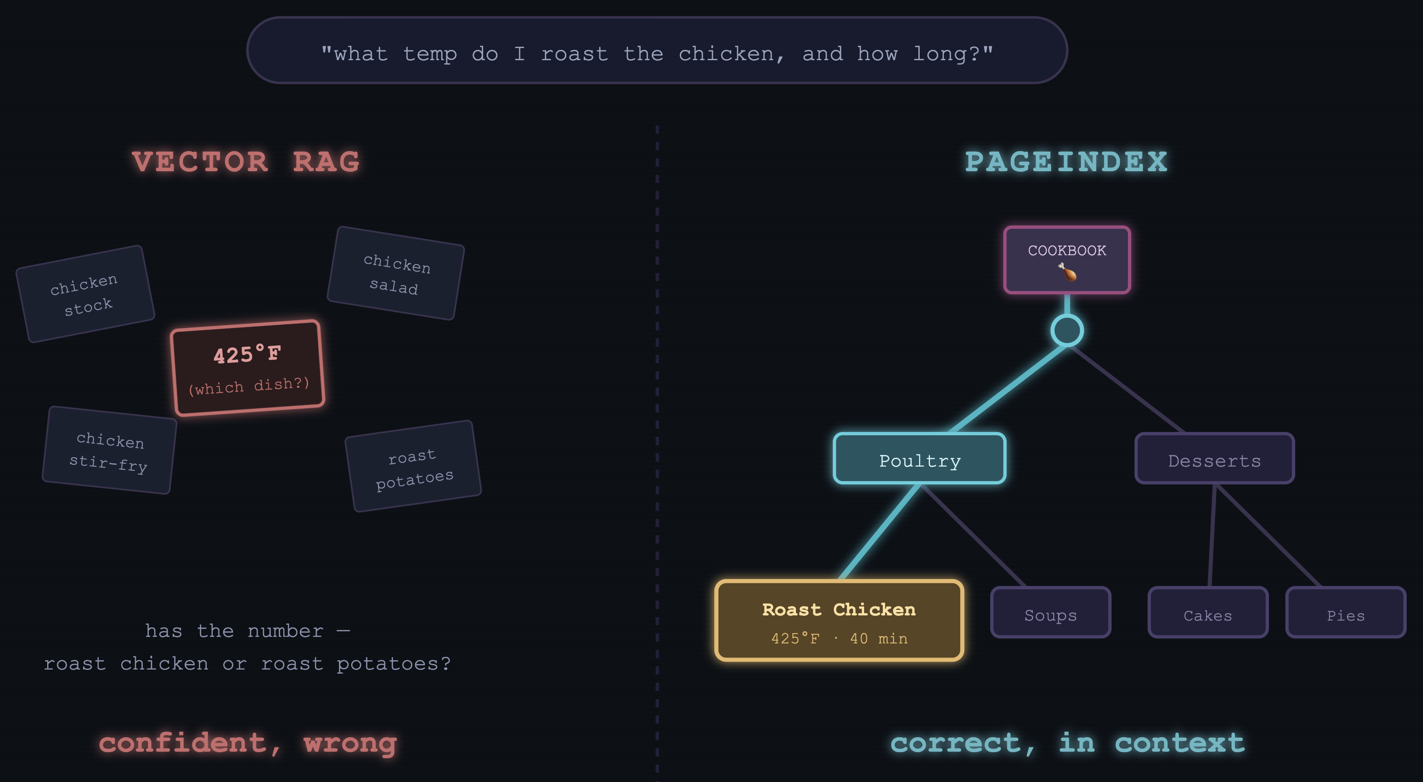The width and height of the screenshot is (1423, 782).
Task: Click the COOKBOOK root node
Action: [x=1067, y=259]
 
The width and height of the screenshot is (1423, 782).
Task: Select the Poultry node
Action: [x=919, y=458]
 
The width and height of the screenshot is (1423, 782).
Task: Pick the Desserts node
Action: [x=1214, y=458]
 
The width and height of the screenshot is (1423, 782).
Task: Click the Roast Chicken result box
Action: [x=839, y=620]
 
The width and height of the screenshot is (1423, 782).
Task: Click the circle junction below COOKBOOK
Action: [x=1067, y=330]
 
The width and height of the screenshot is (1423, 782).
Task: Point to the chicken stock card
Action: [x=85, y=294]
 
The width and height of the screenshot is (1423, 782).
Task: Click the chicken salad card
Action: [x=395, y=273]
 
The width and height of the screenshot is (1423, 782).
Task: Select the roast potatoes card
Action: [x=413, y=466]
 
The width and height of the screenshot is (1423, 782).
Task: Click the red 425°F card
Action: [x=247, y=368]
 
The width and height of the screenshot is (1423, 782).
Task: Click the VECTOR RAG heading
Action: [x=246, y=162]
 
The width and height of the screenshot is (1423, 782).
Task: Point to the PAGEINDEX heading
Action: [x=1066, y=162]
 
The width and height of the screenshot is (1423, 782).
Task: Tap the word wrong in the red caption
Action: [x=350, y=743]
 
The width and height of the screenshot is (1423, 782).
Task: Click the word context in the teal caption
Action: [x=1180, y=742]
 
